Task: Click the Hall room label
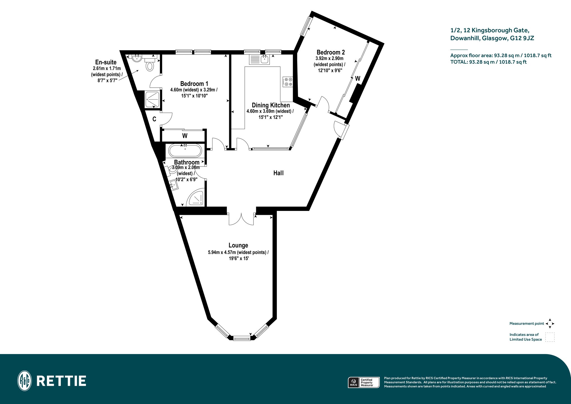pos(278,173)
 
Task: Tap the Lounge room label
pos(238,245)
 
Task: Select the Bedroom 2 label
pos(331,52)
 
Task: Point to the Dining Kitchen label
pos(271,105)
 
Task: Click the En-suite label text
pos(106,62)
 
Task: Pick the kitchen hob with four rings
pos(288,81)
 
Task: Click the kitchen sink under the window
pos(259,59)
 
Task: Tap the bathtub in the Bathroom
pos(185,151)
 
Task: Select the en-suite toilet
pos(150,65)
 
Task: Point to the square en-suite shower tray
pos(153,99)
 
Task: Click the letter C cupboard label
pos(154,119)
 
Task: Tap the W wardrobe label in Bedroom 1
pos(185,136)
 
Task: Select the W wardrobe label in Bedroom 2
pos(358,79)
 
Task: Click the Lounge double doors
pos(241,219)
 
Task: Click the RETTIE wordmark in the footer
pos(61,381)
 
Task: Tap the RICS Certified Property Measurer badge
pos(364,382)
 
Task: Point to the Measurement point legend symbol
pos(550,324)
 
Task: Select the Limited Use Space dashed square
pos(550,337)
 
